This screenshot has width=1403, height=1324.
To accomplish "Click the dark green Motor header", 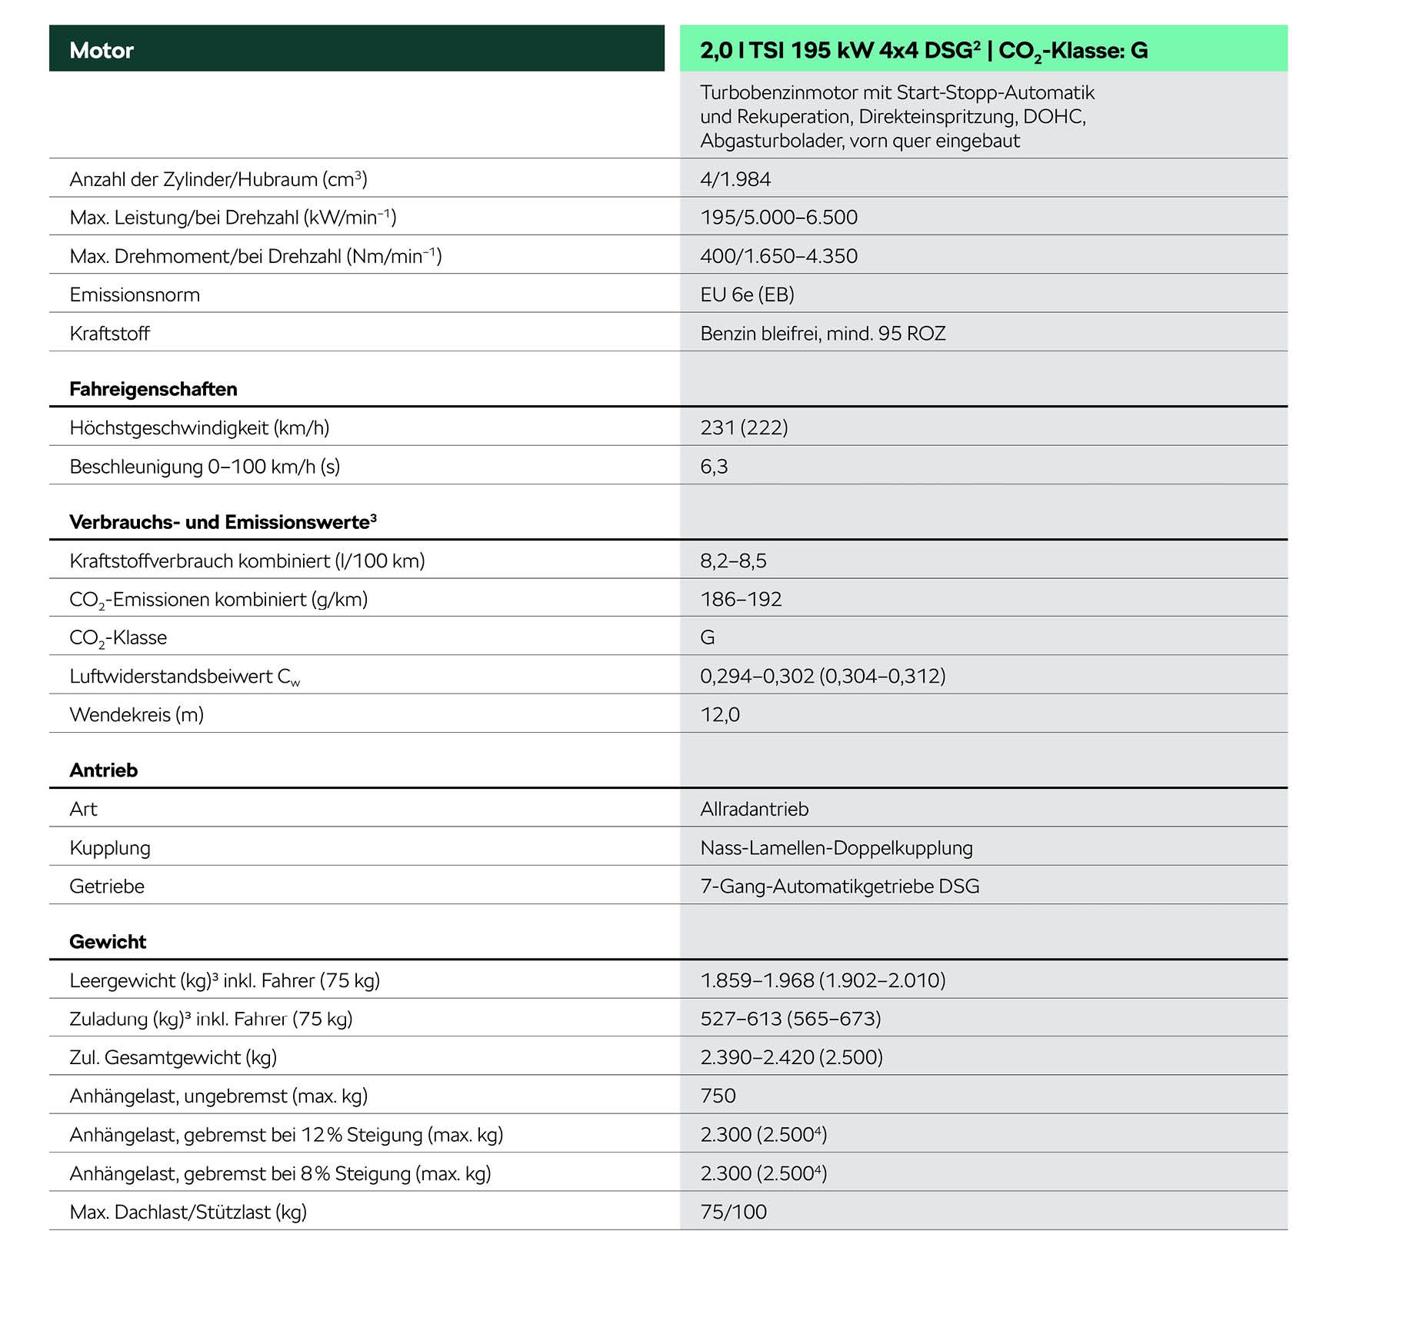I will [356, 49].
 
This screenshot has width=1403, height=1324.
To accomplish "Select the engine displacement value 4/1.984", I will [735, 179].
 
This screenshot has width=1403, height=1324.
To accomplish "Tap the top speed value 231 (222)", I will [744, 427].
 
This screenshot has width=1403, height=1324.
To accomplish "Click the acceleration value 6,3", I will [714, 467].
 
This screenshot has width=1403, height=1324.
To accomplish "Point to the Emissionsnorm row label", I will [135, 294].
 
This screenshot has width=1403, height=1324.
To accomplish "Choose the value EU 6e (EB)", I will [747, 294].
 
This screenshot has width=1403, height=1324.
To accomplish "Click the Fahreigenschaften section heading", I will [153, 389].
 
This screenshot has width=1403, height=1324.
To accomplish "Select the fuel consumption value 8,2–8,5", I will [733, 561].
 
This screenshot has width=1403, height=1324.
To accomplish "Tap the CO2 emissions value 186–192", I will [741, 599].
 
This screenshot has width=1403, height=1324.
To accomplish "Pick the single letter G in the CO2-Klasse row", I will [708, 637].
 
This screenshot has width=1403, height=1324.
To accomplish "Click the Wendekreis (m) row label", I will [136, 714].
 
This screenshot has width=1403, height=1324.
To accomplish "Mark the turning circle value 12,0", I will [720, 714].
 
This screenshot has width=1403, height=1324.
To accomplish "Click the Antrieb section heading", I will [103, 770].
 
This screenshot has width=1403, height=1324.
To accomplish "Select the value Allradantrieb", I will [754, 809].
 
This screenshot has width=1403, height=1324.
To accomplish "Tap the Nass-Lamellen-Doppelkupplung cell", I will [836, 847].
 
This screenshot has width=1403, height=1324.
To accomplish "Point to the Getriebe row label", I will [107, 887].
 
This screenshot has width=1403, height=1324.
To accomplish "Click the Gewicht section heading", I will [108, 942].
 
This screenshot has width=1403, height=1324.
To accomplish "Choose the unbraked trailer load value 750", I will [718, 1096].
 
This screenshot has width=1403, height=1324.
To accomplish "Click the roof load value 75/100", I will [733, 1212].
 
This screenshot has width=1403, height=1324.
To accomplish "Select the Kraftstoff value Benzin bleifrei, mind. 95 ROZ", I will [822, 333].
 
